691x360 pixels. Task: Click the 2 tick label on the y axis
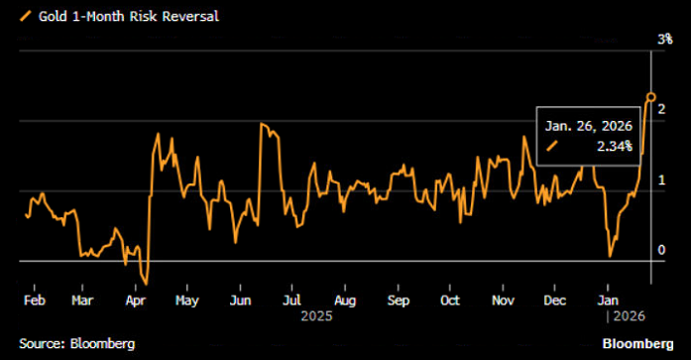[661, 107]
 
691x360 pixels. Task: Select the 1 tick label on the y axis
[661, 179]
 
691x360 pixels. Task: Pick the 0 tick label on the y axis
[661, 249]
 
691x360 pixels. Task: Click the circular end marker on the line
[651, 97]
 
